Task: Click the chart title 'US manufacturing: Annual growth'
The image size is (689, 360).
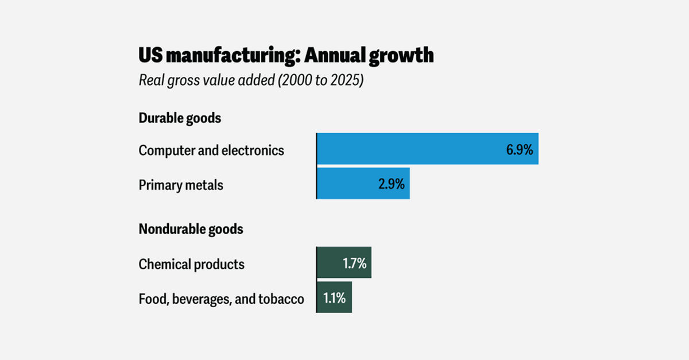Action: point(286,56)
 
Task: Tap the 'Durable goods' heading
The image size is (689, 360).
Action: point(180,118)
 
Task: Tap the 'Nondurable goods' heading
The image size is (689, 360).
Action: point(191,229)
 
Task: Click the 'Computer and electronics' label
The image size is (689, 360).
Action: point(211,150)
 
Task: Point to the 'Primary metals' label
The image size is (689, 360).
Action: point(181,185)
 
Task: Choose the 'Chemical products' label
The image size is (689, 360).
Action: point(191,264)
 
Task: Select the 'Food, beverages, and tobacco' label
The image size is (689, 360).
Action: point(221,299)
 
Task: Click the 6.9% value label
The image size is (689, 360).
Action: point(519,150)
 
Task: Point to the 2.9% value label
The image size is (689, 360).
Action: point(391,185)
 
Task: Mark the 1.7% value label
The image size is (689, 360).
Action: point(354,264)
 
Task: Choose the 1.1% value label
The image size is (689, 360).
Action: point(334,299)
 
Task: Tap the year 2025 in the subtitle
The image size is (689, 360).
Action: point(345,80)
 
